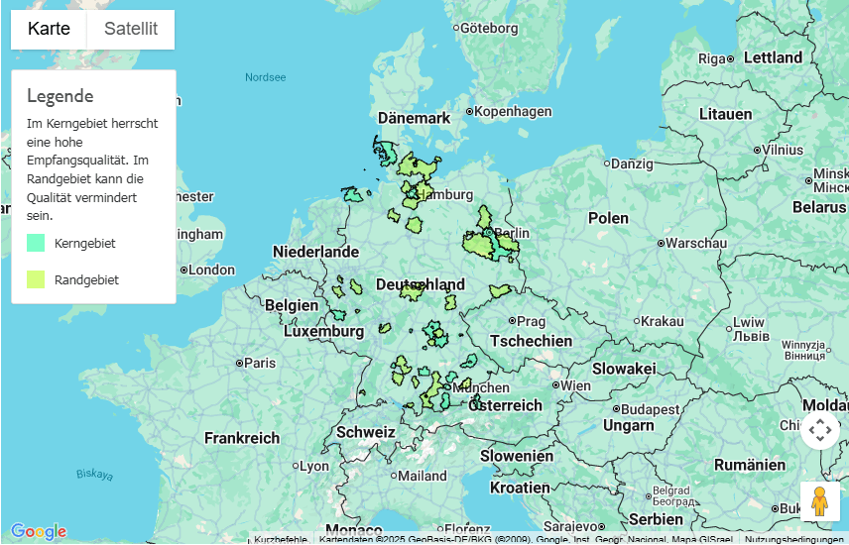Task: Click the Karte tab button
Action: point(49,29)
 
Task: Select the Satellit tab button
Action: point(131,29)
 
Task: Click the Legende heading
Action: point(61,96)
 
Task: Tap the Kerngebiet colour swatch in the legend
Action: point(36,243)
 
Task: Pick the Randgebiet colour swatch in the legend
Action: point(36,279)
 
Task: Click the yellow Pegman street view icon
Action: point(819,501)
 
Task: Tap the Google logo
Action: point(39,532)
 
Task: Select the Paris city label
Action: point(259,364)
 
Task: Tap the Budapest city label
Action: point(650,408)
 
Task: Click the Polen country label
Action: point(608,218)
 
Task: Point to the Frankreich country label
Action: point(242,437)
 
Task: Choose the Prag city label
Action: point(531,321)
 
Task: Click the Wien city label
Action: point(575,385)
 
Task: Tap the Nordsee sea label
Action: point(265,77)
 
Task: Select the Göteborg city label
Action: point(488,29)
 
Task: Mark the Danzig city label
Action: point(632,163)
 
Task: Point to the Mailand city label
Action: point(422,476)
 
